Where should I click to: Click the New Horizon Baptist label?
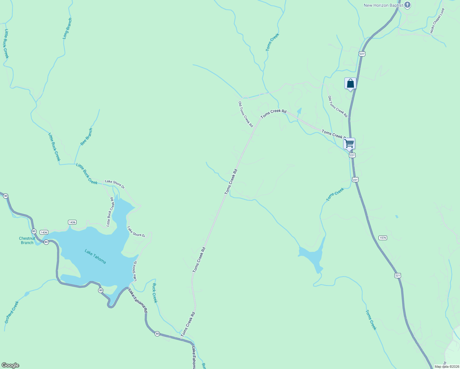pos(383,5)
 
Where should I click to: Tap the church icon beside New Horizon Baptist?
pos(407,5)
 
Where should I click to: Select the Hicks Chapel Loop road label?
pos(437,21)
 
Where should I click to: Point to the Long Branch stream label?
pos(67,28)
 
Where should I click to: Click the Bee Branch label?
pos(86,137)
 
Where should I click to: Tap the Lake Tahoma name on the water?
pos(95,256)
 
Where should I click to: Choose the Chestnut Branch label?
pos(27,240)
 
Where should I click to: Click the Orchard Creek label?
pos(12,312)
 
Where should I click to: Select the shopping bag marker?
pos(350,83)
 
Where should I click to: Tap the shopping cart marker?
pos(349,143)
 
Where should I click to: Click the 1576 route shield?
pos(383,238)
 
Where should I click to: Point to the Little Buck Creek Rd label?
pos(110,212)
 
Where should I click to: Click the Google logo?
pos(10,365)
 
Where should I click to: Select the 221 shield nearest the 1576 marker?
pos(398,276)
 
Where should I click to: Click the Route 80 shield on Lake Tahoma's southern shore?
pos(101,290)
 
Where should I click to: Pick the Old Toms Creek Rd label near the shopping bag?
pos(338,107)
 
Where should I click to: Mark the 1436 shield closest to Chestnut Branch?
pos(44,232)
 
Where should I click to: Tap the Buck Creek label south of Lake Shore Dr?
pos(154,293)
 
